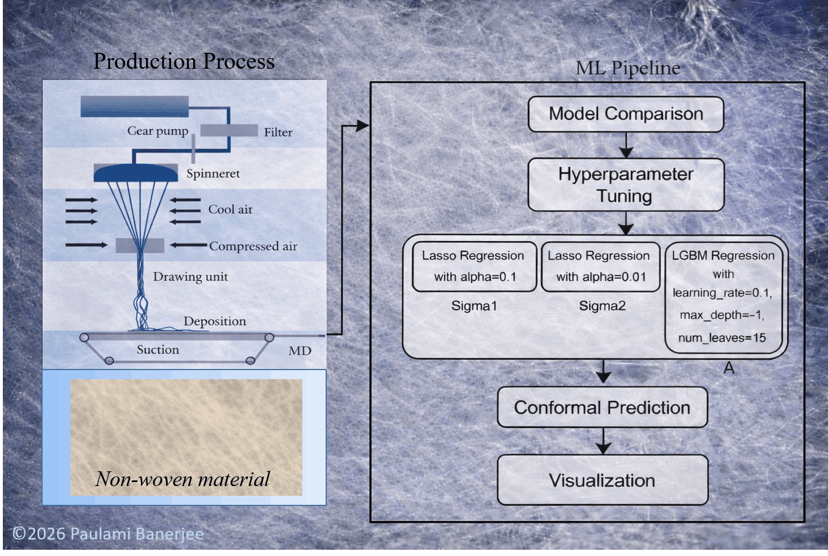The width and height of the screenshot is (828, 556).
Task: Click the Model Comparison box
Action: [626, 114]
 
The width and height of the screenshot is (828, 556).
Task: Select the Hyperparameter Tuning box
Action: [626, 185]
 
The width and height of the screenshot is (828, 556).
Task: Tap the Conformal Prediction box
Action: [602, 408]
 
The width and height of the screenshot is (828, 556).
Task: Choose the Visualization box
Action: [602, 480]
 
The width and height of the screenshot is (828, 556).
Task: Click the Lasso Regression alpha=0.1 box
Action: [474, 267]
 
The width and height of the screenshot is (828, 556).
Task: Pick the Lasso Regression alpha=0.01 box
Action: [601, 267]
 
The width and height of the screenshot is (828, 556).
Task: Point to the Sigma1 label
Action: [474, 306]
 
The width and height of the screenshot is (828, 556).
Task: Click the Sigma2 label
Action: [602, 306]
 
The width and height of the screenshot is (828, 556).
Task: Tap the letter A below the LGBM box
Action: [729, 369]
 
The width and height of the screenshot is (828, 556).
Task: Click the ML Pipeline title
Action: [628, 68]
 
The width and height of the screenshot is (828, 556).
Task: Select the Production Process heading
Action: [184, 61]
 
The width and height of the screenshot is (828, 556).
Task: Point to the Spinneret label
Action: [213, 174]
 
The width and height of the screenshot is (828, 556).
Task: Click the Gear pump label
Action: [157, 131]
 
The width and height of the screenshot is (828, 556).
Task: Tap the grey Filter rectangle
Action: [228, 130]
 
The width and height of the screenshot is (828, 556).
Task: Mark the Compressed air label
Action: [253, 246]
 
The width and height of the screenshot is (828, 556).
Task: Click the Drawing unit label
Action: [190, 277]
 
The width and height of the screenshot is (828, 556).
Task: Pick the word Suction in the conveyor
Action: [158, 350]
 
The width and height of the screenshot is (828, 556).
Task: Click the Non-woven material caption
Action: [182, 479]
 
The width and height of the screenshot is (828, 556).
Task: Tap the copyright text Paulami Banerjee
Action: [108, 534]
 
